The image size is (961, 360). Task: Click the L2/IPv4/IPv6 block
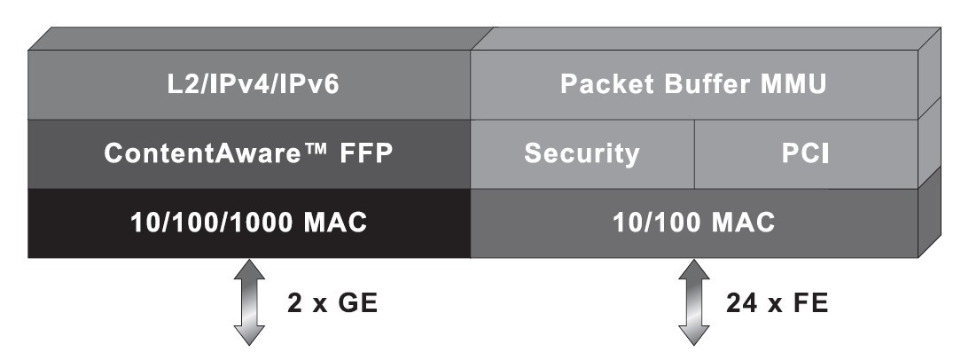tap(248, 85)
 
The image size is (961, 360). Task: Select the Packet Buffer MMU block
tap(693, 85)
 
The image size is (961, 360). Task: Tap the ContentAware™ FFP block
tap(248, 153)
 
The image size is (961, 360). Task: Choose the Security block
tap(582, 153)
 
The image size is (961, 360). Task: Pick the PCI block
tap(805, 153)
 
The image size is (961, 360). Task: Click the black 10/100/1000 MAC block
tap(248, 223)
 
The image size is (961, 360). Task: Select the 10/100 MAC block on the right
tap(693, 223)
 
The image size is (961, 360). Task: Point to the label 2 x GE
tap(333, 304)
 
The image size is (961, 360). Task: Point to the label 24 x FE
tap(777, 304)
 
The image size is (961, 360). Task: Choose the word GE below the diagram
tap(362, 304)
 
